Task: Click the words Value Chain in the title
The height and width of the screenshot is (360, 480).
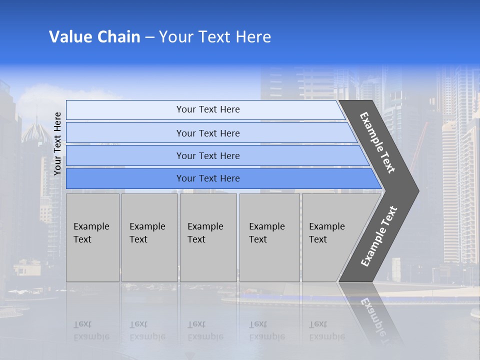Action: point(94,37)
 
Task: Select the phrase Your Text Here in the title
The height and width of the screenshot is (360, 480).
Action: point(215,37)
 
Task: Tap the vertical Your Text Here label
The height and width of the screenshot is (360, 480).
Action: point(57,143)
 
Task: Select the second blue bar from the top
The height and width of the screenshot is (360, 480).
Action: point(207,133)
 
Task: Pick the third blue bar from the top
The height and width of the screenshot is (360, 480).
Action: point(207,155)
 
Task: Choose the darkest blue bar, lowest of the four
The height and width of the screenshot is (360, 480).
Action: point(207,178)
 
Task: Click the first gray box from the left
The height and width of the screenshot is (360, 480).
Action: point(92,237)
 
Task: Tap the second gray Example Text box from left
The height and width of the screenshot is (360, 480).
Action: point(149,237)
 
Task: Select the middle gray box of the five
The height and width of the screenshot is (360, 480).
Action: point(208,237)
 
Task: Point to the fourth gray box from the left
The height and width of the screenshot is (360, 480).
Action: point(269,237)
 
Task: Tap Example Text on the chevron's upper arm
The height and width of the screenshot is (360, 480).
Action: point(377,142)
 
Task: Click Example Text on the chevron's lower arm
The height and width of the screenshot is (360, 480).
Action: point(378,236)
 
